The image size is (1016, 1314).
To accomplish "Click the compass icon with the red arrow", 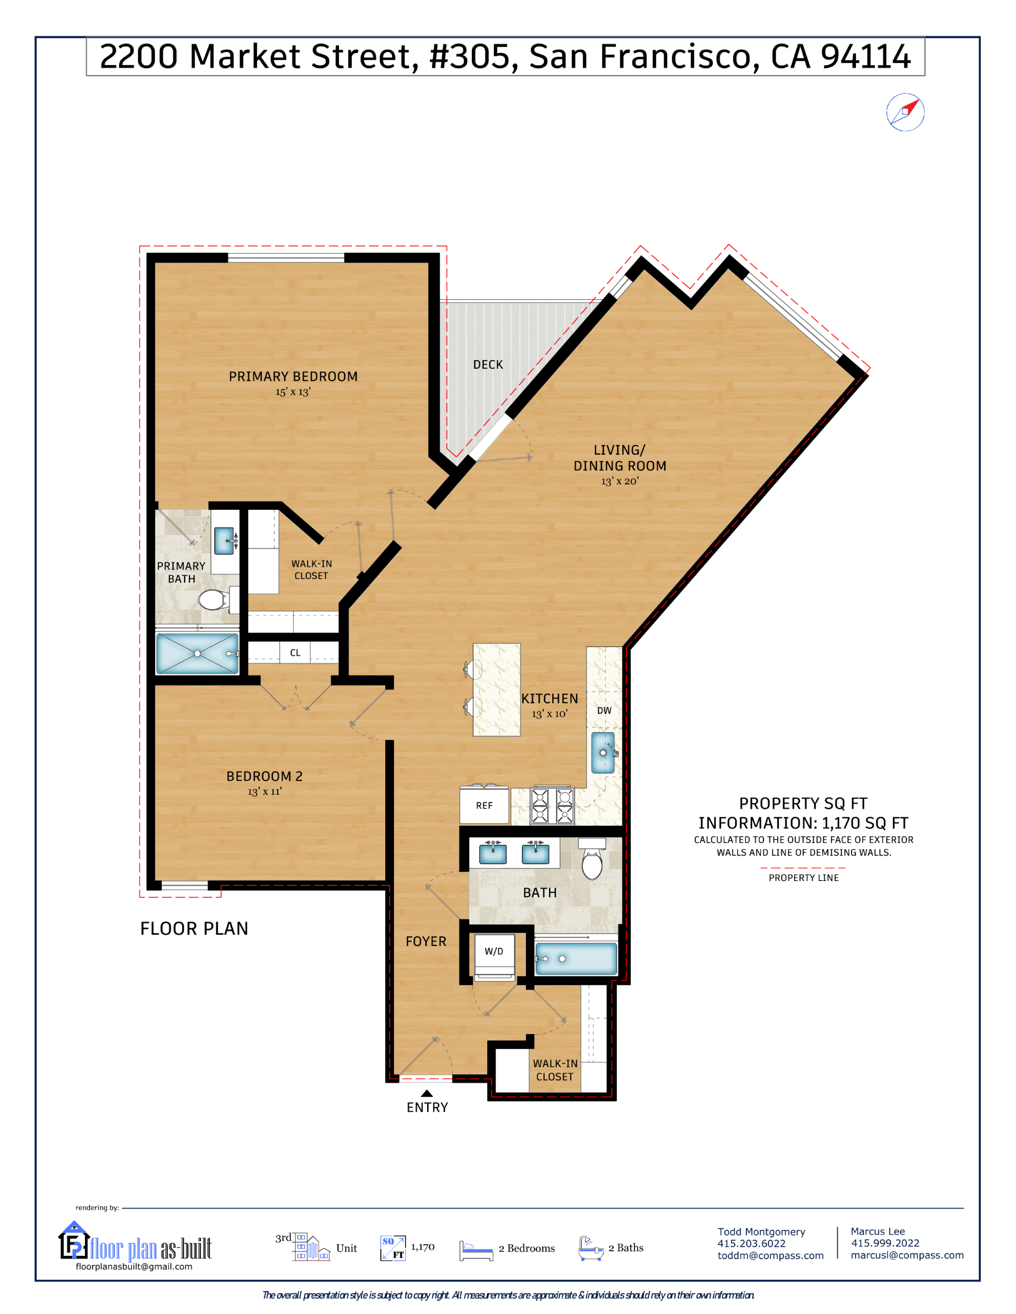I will pos(905,112).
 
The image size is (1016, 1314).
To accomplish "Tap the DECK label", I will pos(488,365).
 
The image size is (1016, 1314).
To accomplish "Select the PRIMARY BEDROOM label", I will pos(293,377).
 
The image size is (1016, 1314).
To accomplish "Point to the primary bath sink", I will pos(224,540).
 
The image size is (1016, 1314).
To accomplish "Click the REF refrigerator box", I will pos(484,805).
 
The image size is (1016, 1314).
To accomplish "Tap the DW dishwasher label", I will pos(604,710).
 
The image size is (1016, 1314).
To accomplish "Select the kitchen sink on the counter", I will pos(603,752).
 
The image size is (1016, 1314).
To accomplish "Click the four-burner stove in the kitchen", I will pos(552,805).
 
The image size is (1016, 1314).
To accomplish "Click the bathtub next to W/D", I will pos(576,959).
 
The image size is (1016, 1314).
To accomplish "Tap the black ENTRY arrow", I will pos(427,1093).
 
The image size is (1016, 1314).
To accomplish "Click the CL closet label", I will pos(295,653).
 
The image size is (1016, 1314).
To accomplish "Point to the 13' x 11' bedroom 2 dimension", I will pos(264,792).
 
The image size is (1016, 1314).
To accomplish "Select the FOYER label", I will pos(426,942).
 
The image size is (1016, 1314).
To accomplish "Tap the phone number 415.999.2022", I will pos(885,1243).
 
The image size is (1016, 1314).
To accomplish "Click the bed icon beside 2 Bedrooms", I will pos(475,1250).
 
